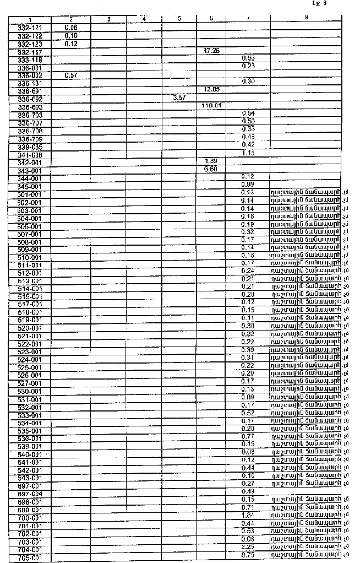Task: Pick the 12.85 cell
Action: click(x=211, y=89)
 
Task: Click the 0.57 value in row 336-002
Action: click(x=70, y=74)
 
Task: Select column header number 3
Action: click(x=108, y=19)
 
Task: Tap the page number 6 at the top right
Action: click(x=325, y=3)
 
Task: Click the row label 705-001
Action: click(x=30, y=558)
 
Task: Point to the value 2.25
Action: click(x=247, y=547)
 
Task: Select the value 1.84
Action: click(x=247, y=515)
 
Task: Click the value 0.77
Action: click(x=247, y=436)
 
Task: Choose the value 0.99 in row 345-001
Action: click(x=247, y=183)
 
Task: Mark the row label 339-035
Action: click(x=30, y=147)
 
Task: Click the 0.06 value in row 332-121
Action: click(x=70, y=27)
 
